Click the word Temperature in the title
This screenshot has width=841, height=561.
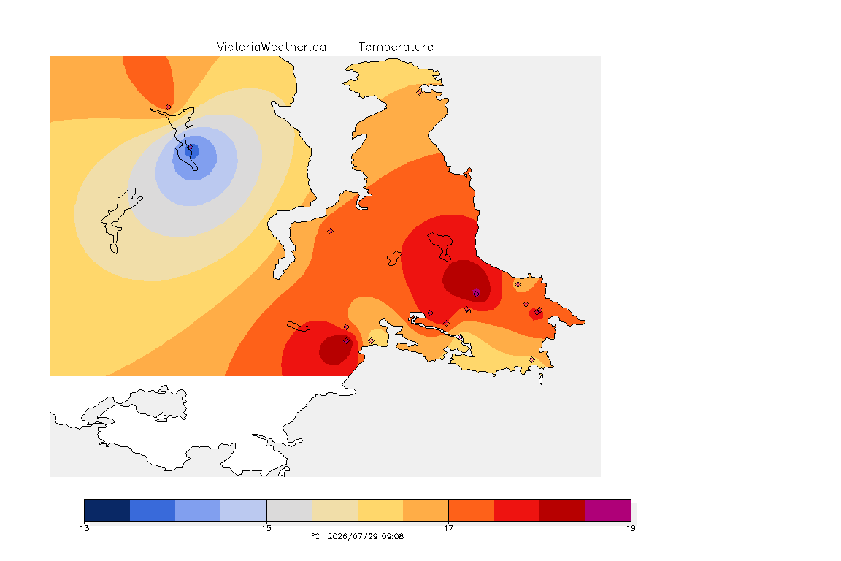(396, 47)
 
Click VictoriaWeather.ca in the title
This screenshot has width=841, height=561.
(272, 47)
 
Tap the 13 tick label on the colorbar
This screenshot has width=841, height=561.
(84, 528)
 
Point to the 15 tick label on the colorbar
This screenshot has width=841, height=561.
(266, 528)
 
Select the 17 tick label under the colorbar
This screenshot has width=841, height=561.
(448, 528)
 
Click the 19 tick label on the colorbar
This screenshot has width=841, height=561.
(631, 528)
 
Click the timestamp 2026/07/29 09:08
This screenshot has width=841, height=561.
(365, 536)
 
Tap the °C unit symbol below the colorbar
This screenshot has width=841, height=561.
(316, 536)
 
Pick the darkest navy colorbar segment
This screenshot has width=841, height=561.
(107, 510)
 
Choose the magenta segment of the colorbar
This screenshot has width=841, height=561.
(607, 510)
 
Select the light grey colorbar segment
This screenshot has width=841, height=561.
(289, 510)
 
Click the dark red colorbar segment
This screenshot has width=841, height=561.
(562, 510)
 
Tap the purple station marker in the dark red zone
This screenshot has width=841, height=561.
(476, 293)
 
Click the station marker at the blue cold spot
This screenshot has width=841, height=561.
(190, 148)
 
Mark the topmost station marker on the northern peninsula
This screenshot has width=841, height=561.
(420, 92)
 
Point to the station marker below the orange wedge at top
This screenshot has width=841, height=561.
(169, 107)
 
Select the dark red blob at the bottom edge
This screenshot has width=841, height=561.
(336, 349)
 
